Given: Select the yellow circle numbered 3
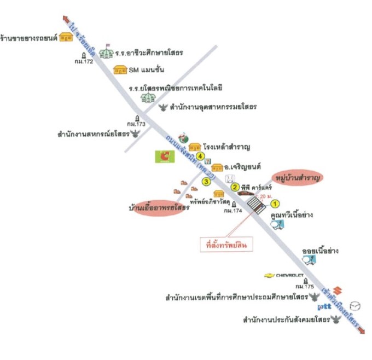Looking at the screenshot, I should [206, 181].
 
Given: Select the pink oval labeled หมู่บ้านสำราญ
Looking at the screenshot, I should [297, 178].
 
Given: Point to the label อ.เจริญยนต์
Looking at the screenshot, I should [243, 168].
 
